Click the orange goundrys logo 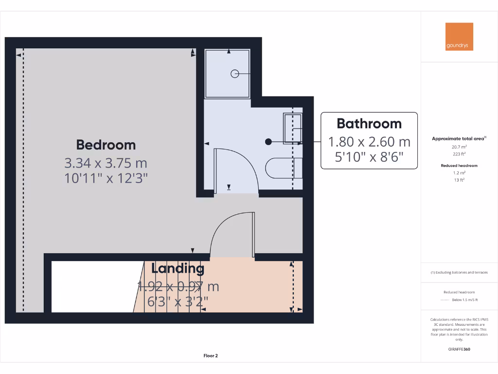459,37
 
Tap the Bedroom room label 106,145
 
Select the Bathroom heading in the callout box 369,123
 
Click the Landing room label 178,268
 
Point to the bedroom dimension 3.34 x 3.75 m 106,162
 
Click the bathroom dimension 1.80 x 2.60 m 369,142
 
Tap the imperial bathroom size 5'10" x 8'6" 369,157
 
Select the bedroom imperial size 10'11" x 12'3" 106,178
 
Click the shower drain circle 234,74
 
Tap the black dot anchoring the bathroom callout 268,142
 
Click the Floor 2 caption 211,356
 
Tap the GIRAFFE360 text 460,349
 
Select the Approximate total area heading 458,139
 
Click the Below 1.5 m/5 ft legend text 465,300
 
